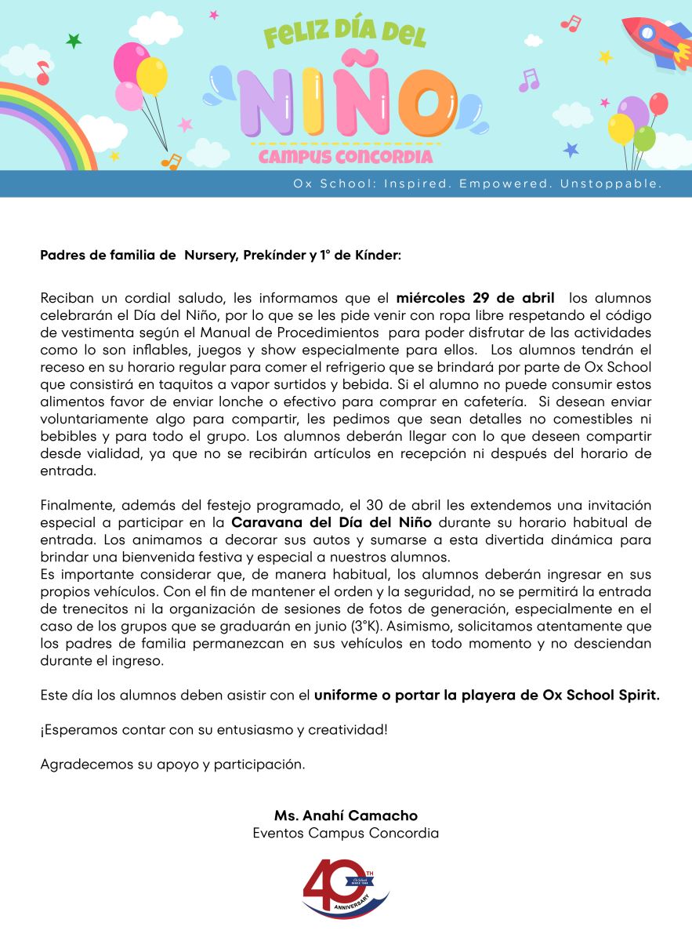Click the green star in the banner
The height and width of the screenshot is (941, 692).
tap(74, 41)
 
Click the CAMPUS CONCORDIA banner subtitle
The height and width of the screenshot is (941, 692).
tap(346, 157)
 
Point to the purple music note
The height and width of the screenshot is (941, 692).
tap(530, 79)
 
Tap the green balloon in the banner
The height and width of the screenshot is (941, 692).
tap(644, 138)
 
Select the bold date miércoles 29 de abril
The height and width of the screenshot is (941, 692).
tap(476, 298)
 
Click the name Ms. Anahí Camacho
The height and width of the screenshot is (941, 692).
tap(346, 816)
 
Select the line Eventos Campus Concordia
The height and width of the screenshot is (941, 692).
tap(346, 833)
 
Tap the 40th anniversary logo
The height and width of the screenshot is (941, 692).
tap(345, 889)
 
